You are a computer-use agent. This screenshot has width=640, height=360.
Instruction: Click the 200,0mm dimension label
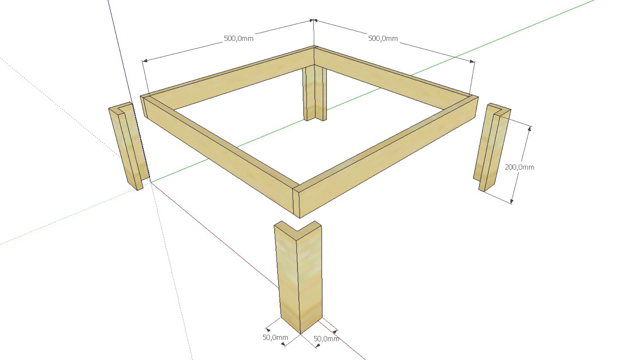(x=519, y=167)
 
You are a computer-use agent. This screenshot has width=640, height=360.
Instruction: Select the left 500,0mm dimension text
(x=238, y=38)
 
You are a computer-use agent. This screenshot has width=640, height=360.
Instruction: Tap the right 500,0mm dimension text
(x=383, y=38)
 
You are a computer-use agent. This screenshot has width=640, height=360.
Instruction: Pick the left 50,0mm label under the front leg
(x=275, y=337)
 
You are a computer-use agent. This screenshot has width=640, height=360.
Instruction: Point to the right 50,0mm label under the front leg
(x=326, y=339)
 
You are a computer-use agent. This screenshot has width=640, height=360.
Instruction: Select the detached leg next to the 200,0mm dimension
(x=490, y=147)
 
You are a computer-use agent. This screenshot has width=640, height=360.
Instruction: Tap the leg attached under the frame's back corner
(x=314, y=93)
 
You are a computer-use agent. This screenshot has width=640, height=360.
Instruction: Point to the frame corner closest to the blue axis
(x=146, y=100)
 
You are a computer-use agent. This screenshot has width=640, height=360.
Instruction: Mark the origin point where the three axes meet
(x=150, y=182)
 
